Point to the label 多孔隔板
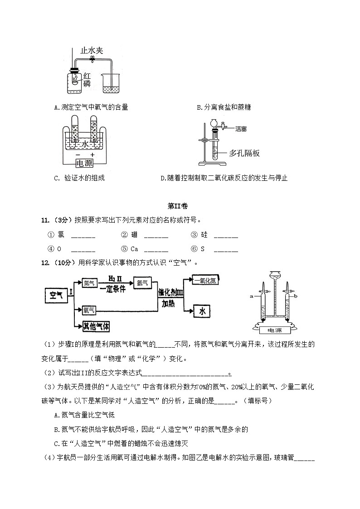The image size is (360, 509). pos(244,153)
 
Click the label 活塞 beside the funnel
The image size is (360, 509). pos(241,129)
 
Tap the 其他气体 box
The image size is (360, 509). pos(96,326)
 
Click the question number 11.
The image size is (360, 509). pos(45,220)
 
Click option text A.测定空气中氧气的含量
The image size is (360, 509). pos(91,107)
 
